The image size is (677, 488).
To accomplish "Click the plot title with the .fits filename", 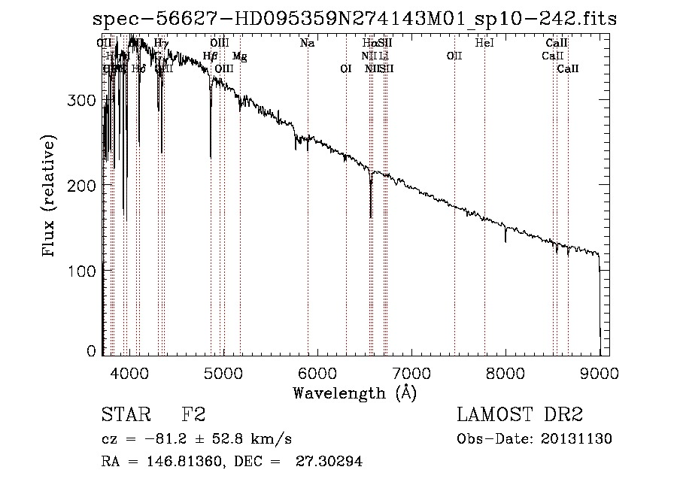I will [x=354, y=20].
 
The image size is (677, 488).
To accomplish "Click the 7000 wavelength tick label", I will [x=411, y=372].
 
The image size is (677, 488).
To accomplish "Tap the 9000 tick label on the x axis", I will [x=599, y=372].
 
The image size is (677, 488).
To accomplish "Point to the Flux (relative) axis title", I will [x=50, y=197].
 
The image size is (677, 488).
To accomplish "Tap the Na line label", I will [x=307, y=44].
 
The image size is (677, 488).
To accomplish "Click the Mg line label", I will [x=239, y=56].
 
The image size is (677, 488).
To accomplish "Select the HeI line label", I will [x=484, y=44].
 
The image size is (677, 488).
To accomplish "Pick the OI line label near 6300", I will [x=346, y=69].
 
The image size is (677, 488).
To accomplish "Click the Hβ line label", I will [x=211, y=56].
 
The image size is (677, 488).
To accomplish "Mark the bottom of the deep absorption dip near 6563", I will [x=371, y=217].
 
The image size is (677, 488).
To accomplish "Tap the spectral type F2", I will [x=193, y=416].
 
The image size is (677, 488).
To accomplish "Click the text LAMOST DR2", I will [x=520, y=416].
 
